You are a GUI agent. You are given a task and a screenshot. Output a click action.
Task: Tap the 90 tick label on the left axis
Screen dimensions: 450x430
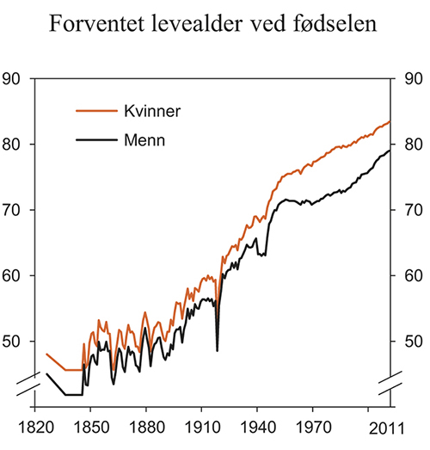pyautogui.click(x=12, y=80)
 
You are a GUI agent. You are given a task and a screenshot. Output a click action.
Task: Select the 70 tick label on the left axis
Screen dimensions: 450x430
pyautogui.click(x=12, y=211)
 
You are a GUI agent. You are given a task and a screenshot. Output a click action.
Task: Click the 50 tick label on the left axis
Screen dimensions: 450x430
pyautogui.click(x=12, y=342)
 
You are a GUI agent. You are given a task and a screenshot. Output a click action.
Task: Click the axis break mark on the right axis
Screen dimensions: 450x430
pyautogui.click(x=391, y=385)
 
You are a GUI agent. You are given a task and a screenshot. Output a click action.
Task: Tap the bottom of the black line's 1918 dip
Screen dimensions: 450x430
pyautogui.click(x=217, y=350)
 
